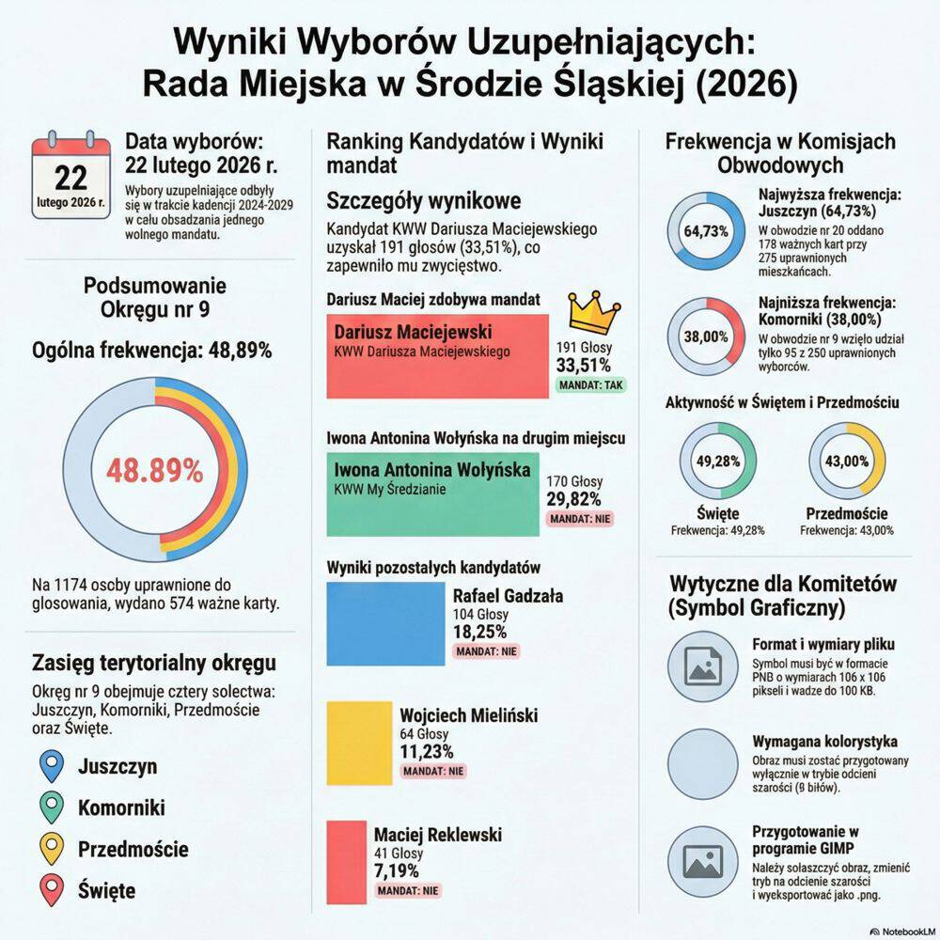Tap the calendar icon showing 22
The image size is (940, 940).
click(x=70, y=180)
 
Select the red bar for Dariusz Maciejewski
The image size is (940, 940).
click(x=437, y=355)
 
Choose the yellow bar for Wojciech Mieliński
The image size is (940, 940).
click(x=360, y=748)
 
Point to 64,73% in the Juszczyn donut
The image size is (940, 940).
click(x=707, y=231)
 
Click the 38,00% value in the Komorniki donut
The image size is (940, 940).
click(x=707, y=337)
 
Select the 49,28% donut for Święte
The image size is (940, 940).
click(x=718, y=462)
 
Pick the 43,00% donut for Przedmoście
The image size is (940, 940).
click(x=846, y=462)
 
